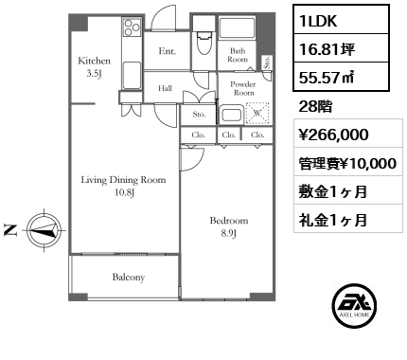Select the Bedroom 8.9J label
click(x=228, y=225)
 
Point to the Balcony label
click(x=129, y=278)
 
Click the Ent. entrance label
click(x=167, y=51)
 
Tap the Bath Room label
click(x=237, y=55)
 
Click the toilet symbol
click(x=203, y=47)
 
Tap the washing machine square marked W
click(x=257, y=116)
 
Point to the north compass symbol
click(x=43, y=227)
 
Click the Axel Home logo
click(x=355, y=305)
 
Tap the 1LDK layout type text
click(x=323, y=20)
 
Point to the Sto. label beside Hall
click(x=199, y=116)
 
